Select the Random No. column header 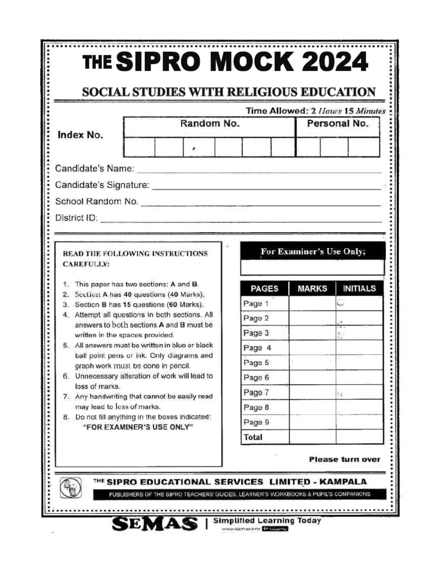(x=209, y=124)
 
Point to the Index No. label (x=80, y=135)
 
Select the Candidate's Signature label (x=102, y=185)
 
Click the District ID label (x=76, y=217)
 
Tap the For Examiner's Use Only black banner (x=312, y=251)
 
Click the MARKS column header (x=312, y=288)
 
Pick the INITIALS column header (x=359, y=288)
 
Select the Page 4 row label (x=257, y=348)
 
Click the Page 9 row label (x=255, y=422)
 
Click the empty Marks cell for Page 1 (x=312, y=304)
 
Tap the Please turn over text (x=344, y=459)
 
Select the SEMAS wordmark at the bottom (x=155, y=525)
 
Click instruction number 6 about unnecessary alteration (x=137, y=381)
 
